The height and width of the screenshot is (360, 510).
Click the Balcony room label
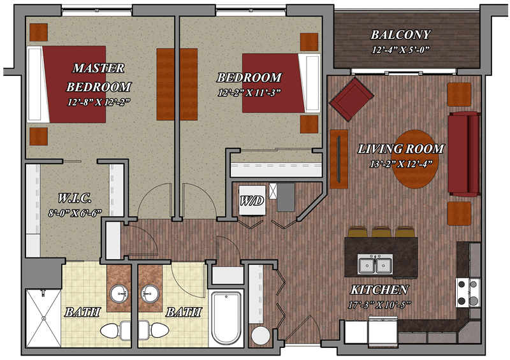click(401, 35)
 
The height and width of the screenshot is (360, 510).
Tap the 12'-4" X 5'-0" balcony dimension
click(401, 50)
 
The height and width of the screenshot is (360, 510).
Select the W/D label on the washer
click(252, 201)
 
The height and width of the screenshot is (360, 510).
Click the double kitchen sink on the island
click(375, 264)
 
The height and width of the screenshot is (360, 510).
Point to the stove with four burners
click(468, 292)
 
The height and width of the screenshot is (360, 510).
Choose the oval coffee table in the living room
click(414, 159)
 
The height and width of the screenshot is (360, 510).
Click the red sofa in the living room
click(464, 154)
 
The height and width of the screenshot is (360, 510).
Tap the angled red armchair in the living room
click(351, 99)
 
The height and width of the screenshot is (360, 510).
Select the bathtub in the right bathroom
click(226, 317)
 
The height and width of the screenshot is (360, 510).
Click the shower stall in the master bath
click(43, 319)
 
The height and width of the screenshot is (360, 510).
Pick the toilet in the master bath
click(115, 331)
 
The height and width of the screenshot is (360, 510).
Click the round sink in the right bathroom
click(150, 293)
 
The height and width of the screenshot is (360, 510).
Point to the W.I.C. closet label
click(75, 198)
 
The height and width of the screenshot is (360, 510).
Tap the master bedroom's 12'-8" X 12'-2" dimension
click(99, 102)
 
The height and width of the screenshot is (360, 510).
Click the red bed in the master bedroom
click(66, 84)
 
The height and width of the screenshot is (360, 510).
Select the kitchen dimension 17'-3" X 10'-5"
click(379, 305)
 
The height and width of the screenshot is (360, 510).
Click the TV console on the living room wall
click(339, 159)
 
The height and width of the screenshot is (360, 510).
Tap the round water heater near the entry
click(261, 335)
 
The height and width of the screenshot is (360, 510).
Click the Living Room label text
click(401, 149)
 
